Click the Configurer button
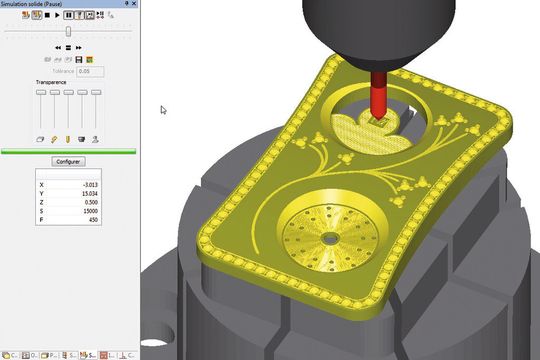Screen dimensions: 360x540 pos(69,161)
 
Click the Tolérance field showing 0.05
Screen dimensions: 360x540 pos(89,71)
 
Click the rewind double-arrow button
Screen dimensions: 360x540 pos(57,47)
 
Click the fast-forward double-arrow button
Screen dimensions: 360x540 pos(79,47)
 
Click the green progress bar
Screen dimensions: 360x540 pos(69,151)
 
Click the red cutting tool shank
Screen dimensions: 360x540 pos(380,98)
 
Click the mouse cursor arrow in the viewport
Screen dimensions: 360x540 pos(162,109)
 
